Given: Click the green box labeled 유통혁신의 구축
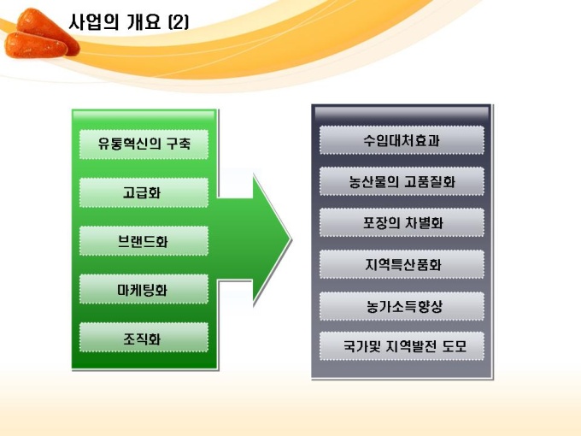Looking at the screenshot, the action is point(144,144).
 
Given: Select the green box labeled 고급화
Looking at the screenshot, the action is point(144,192).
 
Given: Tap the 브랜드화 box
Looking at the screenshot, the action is point(144,240).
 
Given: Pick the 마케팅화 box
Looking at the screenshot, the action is point(144,289).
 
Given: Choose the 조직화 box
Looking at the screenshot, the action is point(144,338).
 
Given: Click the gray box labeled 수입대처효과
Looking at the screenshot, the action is point(402,140).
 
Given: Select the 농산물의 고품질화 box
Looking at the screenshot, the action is point(402,181).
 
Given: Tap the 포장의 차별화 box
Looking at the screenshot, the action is point(402,222).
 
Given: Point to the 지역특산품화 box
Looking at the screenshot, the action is point(402,264).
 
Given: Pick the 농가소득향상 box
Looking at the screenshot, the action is point(402,306).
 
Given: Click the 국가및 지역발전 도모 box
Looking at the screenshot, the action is point(402,346).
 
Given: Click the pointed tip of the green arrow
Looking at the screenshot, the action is point(290,240).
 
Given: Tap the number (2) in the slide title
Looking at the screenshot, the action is point(179,22).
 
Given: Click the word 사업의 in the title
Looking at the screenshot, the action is point(94,22).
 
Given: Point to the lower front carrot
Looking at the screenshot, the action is point(36,45).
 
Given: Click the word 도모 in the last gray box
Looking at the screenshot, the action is point(455,346).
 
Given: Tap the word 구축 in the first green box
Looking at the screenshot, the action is point(179,144).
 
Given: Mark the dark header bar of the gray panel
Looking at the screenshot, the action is point(402,114).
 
